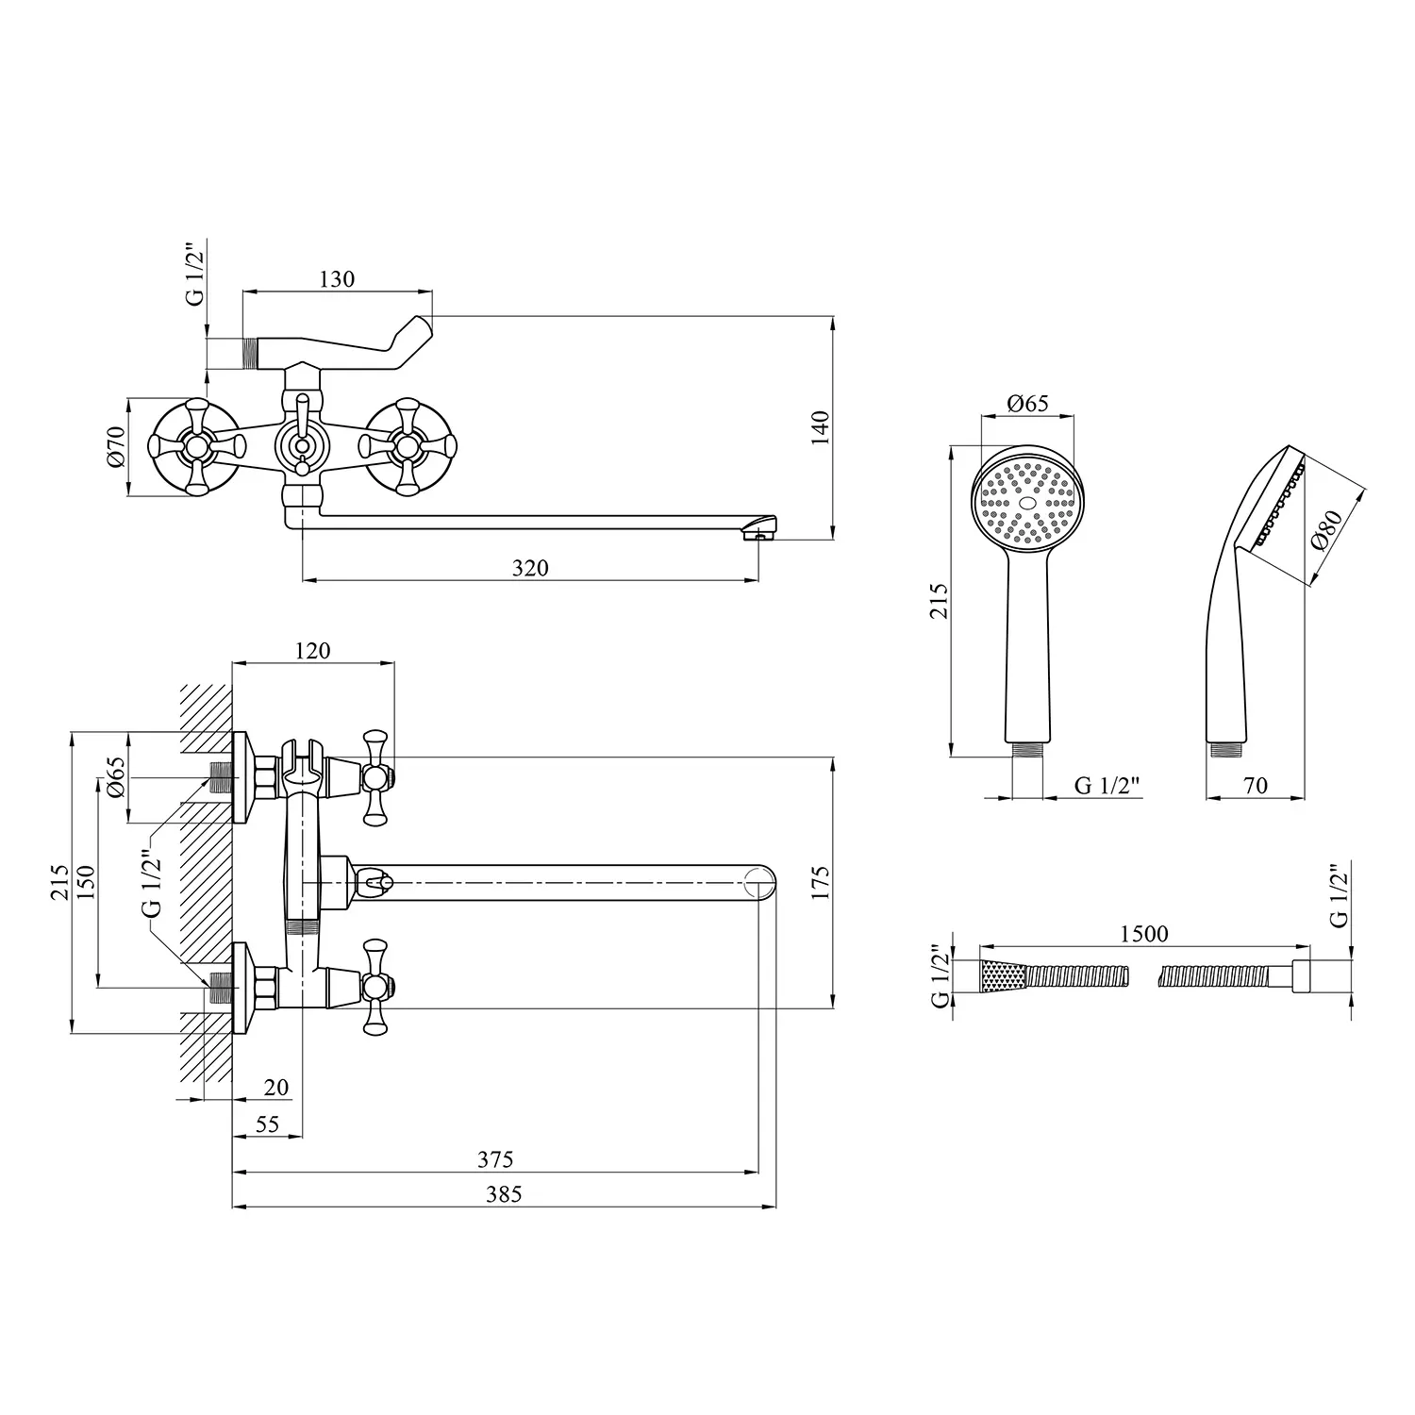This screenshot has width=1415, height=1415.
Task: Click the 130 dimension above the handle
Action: tap(337, 279)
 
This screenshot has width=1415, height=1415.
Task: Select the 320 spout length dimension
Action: tap(529, 568)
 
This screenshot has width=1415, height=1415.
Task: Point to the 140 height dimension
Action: tap(820, 428)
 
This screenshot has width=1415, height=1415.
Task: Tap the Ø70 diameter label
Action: tap(116, 446)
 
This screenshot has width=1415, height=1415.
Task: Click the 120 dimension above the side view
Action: tap(312, 651)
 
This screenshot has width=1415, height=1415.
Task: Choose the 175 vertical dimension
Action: tap(820, 882)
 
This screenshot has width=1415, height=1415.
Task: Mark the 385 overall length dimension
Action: tap(504, 1194)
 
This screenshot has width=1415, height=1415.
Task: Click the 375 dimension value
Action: tap(495, 1159)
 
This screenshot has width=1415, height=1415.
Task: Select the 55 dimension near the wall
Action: tap(268, 1124)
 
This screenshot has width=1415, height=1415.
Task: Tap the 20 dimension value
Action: tap(276, 1088)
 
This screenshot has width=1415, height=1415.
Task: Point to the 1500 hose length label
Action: tap(1143, 934)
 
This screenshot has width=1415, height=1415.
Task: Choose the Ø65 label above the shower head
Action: tap(1027, 404)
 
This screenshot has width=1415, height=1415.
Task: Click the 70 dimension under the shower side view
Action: tap(1256, 785)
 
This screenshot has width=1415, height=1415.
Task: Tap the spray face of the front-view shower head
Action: tap(1028, 502)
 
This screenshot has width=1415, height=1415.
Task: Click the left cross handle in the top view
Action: tap(197, 446)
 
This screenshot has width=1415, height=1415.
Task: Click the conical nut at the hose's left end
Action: tap(1002, 975)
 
